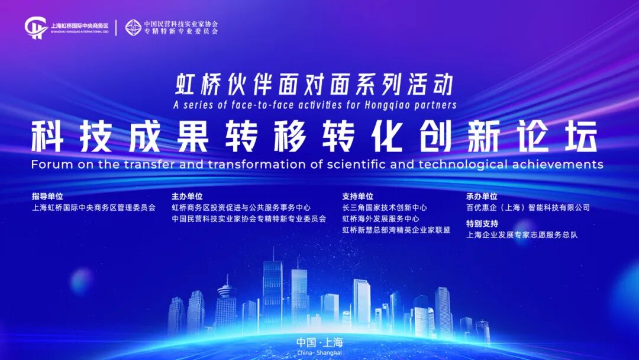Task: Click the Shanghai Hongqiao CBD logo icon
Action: click(x=36, y=27)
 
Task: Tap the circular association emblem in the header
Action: click(x=134, y=27)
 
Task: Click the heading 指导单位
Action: click(x=47, y=196)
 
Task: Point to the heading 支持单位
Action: click(x=357, y=196)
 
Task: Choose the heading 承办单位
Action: click(x=482, y=196)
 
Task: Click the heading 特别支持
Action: click(x=482, y=223)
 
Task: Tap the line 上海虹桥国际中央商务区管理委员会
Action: click(x=93, y=208)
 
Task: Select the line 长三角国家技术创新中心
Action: click(x=385, y=208)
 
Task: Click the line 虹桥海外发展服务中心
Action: click(x=380, y=218)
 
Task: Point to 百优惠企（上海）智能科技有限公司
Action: click(x=528, y=208)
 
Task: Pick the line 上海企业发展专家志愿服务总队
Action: click(x=521, y=234)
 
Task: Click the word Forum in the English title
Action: click(x=49, y=164)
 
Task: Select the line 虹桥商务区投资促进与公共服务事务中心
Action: click(x=241, y=208)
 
